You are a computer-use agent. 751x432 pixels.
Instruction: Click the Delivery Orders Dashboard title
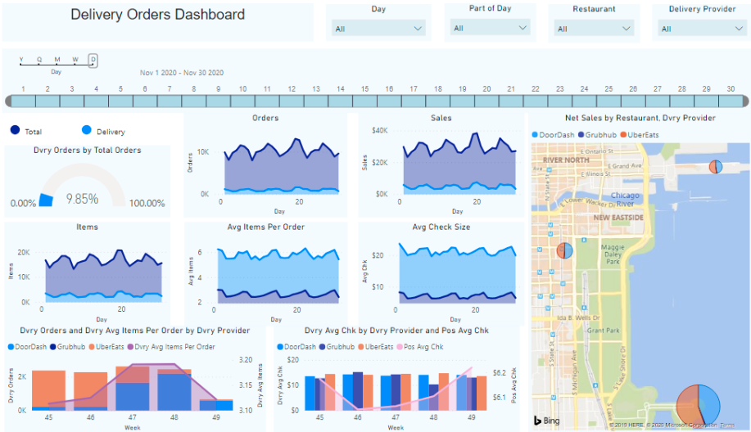(157, 15)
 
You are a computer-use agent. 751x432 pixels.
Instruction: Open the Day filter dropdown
(378, 28)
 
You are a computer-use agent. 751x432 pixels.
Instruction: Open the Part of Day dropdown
(490, 28)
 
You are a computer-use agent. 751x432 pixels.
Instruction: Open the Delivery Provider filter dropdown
(701, 29)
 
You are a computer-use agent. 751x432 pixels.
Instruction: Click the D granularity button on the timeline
(93, 59)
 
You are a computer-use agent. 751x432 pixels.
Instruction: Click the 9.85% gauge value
(82, 198)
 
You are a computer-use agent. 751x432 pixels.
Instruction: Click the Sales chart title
(441, 118)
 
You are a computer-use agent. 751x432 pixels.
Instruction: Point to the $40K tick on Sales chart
(380, 130)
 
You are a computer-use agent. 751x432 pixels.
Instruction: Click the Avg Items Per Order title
(265, 227)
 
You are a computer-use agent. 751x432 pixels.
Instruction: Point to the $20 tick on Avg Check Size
(377, 255)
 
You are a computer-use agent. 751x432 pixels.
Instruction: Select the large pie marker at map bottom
(698, 406)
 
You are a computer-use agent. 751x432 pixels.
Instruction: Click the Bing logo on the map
(547, 421)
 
